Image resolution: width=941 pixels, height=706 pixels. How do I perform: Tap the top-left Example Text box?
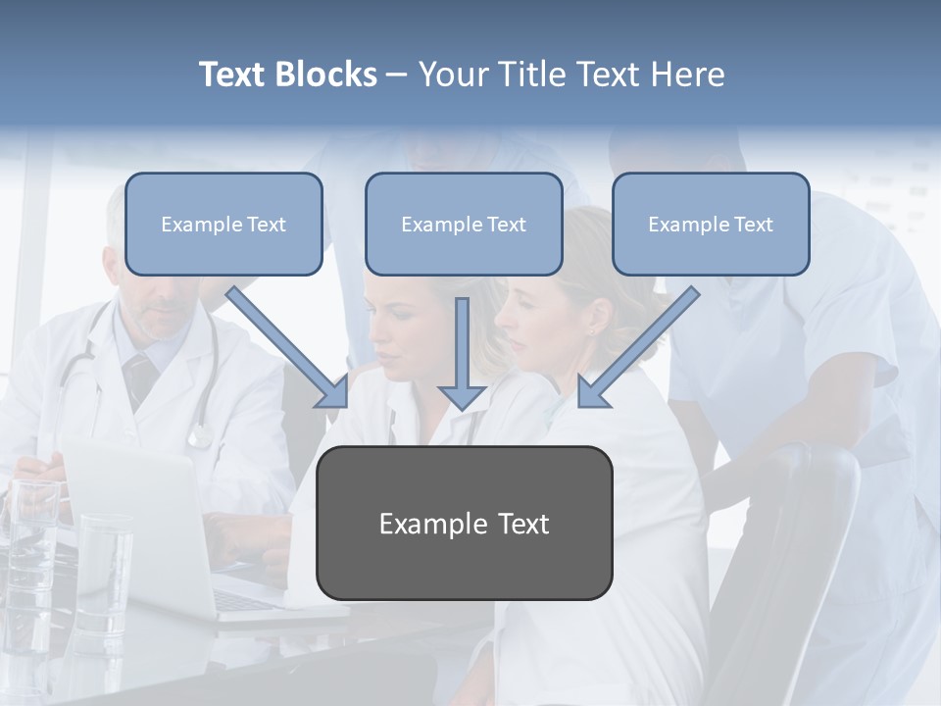(x=223, y=225)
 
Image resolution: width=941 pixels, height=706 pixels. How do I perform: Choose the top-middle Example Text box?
(x=464, y=225)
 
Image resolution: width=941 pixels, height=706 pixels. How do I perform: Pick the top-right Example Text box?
(x=711, y=225)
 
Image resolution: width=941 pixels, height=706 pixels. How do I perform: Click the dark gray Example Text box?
(x=465, y=524)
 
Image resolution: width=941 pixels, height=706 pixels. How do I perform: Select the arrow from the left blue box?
(x=288, y=347)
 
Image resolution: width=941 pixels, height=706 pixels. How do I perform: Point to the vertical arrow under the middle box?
(x=463, y=353)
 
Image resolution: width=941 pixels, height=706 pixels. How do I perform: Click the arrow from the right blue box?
(x=638, y=347)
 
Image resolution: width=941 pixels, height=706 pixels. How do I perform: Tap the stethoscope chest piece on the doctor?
(x=200, y=434)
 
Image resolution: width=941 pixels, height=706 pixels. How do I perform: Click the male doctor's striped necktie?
(x=140, y=377)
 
